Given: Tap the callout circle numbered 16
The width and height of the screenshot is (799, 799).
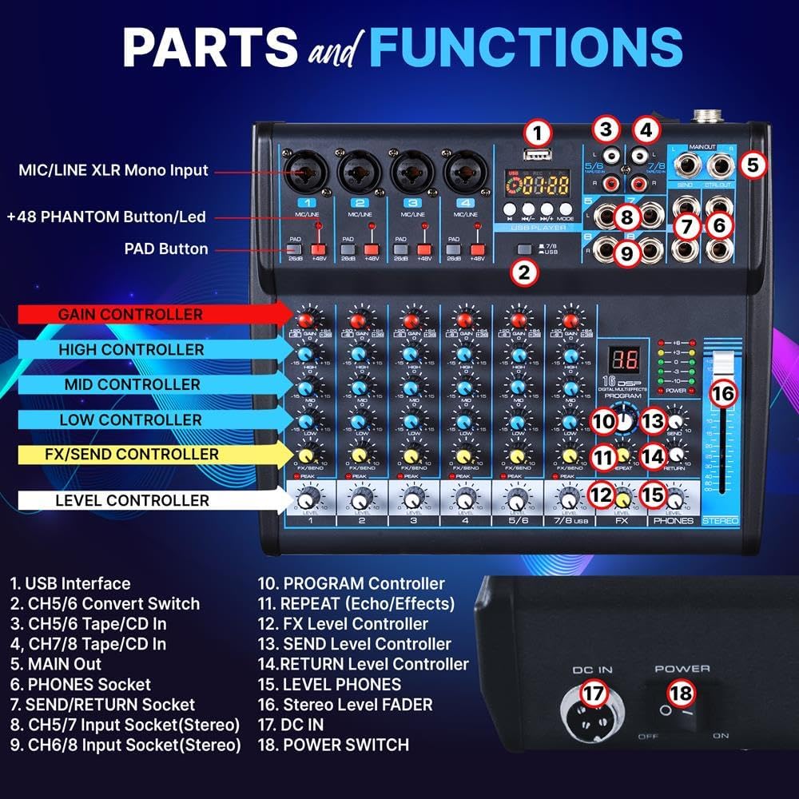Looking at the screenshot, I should [x=721, y=394].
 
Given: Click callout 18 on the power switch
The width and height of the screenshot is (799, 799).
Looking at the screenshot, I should [x=682, y=694].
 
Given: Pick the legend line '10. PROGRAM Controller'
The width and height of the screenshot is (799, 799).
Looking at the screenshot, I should [x=351, y=584].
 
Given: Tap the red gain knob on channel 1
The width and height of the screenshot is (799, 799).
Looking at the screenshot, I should [x=307, y=320].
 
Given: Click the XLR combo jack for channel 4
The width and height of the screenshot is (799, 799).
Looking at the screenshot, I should [x=462, y=169].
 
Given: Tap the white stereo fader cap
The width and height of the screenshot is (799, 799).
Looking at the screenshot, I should [x=721, y=364].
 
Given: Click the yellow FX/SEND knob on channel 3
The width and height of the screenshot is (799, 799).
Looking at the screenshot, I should [x=411, y=456].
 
